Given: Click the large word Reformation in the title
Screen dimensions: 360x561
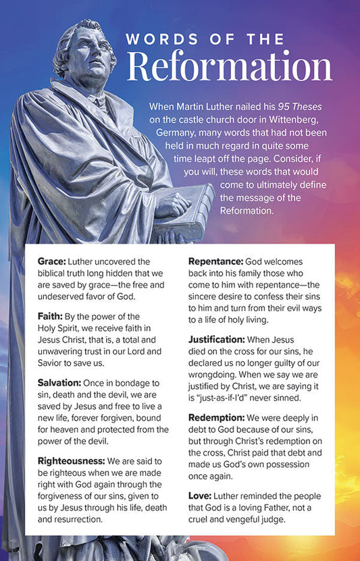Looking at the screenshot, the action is click(230, 67).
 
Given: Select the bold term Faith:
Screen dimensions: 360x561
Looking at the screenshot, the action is click(51, 316).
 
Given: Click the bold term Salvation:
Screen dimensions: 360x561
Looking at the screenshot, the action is click(60, 382).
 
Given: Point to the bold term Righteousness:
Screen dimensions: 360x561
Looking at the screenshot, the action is click(71, 460).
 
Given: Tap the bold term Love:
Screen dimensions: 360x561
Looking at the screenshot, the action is click(200, 496).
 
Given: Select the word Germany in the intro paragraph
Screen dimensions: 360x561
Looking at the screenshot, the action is click(178, 133).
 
